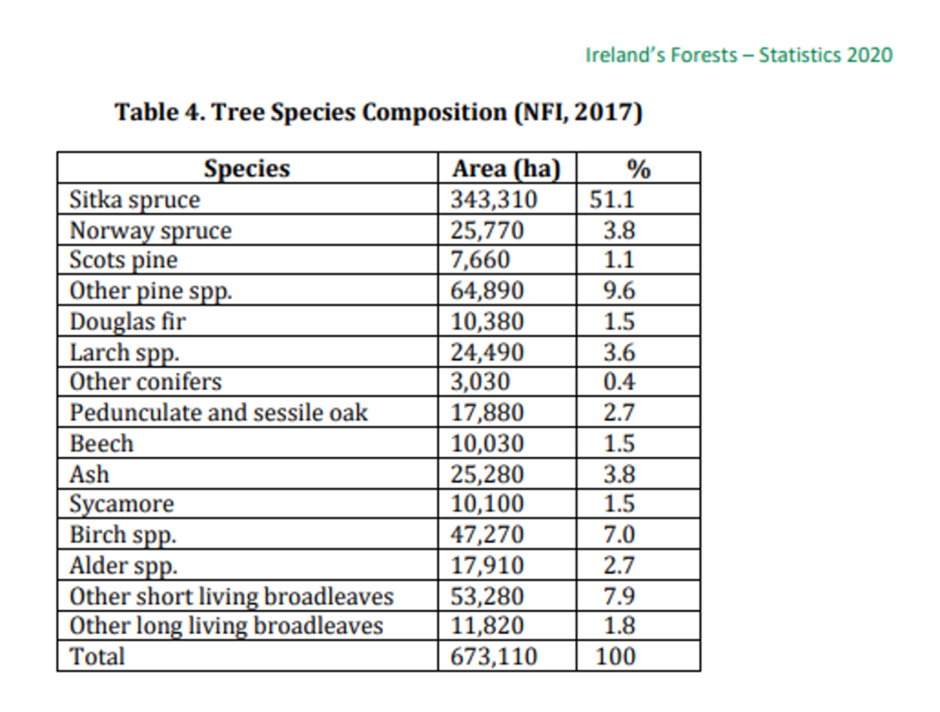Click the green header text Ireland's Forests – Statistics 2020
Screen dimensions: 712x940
click(738, 55)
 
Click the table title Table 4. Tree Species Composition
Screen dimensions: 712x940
click(378, 113)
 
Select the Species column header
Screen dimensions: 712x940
click(246, 170)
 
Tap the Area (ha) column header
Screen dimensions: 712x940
click(506, 170)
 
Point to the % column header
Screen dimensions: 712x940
click(638, 170)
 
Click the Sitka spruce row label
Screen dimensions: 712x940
click(135, 199)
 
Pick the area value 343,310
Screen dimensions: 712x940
click(493, 199)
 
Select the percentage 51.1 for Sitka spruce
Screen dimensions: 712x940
click(612, 199)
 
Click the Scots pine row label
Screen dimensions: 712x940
click(124, 261)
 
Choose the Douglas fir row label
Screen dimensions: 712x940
click(128, 322)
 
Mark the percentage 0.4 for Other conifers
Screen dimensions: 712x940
click(620, 382)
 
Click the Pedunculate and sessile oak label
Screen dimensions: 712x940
click(218, 413)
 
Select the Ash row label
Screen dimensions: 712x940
click(89, 474)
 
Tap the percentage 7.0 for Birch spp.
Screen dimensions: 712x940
click(620, 534)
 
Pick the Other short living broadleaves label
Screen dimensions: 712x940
click(231, 596)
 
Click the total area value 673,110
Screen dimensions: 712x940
click(493, 656)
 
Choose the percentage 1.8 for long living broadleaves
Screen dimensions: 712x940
click(620, 627)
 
